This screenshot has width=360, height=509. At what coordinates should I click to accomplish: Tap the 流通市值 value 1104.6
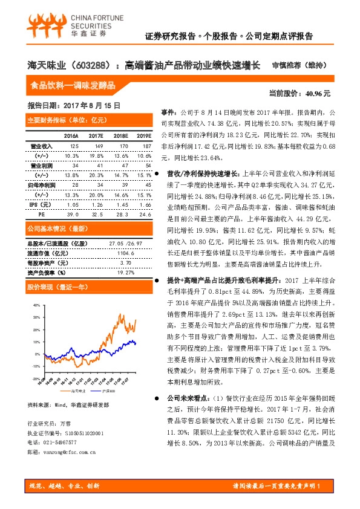coord(125,253)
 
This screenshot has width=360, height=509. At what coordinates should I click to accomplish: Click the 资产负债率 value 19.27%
coord(125,272)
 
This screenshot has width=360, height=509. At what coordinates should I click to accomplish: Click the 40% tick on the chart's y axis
coord(36,305)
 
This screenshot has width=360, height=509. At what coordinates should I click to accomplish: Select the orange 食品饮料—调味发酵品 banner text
coord(73,85)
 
